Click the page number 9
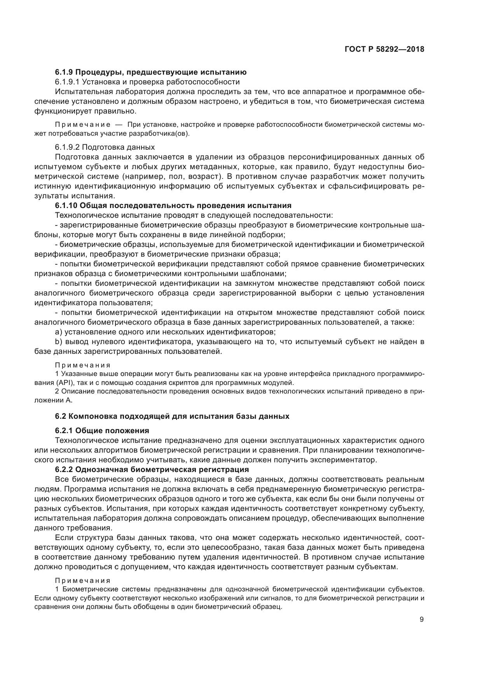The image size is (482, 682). (x=422, y=619)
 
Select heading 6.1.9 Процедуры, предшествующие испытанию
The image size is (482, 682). (x=151, y=72)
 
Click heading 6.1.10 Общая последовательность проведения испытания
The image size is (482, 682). (x=173, y=205)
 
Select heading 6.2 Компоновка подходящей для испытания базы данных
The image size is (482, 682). (x=172, y=416)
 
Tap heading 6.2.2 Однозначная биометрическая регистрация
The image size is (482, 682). (x=152, y=469)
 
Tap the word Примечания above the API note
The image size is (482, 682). (x=83, y=365)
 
